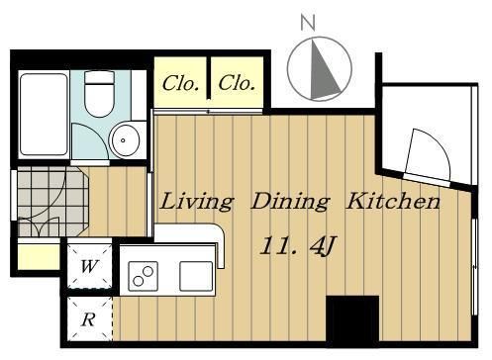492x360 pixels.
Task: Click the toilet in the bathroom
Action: pos(99,94)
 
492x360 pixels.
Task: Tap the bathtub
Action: pos(44,115)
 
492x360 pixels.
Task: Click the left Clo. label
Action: pos(180,83)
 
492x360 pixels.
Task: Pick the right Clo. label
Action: pos(237,83)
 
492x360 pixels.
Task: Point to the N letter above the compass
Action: pos(308,23)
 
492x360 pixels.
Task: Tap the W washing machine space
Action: pos(90,266)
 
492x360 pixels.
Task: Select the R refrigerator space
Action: pos(90,319)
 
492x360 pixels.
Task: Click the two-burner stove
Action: pos(143,276)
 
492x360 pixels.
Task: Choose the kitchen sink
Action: pos(196,276)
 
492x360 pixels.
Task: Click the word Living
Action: pos(197,202)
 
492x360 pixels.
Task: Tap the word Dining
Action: pos(290,202)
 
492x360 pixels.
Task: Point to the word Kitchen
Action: pos(393,201)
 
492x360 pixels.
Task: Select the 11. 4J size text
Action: pos(298,246)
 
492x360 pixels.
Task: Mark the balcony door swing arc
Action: pos(437,144)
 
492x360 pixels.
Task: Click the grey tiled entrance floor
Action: pos(52,201)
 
